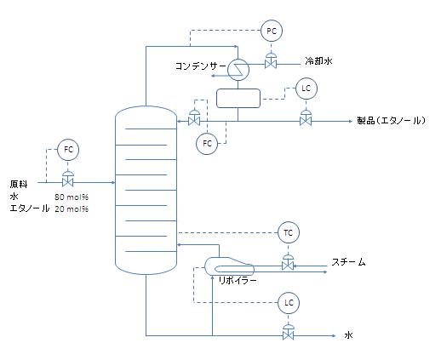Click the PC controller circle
[x=272, y=31]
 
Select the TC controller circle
[x=289, y=233]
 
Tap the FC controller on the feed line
[x=68, y=150]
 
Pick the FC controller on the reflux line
[x=207, y=143]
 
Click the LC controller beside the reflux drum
[x=306, y=89]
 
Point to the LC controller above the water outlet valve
[x=289, y=303]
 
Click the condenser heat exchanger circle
[x=238, y=69]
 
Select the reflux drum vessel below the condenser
[x=238, y=99]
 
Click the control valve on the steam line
[x=288, y=262]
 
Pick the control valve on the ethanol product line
[x=306, y=118]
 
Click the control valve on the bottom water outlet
[x=289, y=333]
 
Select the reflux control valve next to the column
[x=194, y=118]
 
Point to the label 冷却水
[x=318, y=61]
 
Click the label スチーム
[x=348, y=262]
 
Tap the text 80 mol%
[x=72, y=197]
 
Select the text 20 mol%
[x=72, y=209]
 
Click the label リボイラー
[x=238, y=281]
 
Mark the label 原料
[x=19, y=184]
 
